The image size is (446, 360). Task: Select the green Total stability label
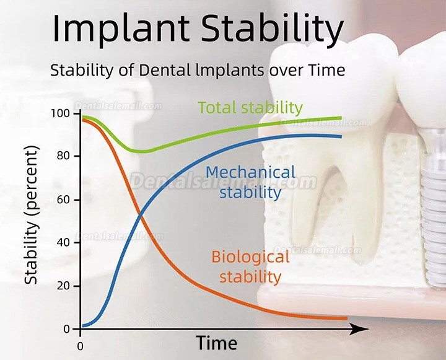250,108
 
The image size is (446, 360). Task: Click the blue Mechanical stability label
250,182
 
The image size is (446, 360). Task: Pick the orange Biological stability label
250,266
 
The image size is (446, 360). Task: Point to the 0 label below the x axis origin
80,345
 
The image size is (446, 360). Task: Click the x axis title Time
217,343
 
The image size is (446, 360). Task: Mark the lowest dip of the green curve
142,151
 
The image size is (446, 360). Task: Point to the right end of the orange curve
346,318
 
